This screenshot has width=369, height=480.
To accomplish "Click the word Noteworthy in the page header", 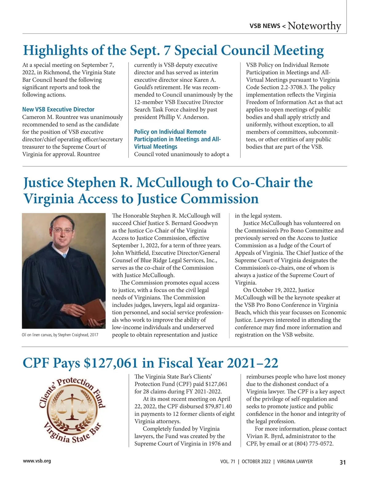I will [314, 26].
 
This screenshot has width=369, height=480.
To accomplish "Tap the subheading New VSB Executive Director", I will [58, 110].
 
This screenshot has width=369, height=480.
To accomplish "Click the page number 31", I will [343, 462].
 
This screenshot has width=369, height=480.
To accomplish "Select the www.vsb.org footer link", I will [37, 461].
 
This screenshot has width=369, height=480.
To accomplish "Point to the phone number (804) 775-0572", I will [314, 444].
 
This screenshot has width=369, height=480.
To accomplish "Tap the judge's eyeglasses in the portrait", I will [63, 230].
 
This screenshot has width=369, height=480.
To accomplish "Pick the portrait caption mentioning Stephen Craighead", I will [60, 335].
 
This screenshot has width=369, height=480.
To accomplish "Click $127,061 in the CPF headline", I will [111, 363].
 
